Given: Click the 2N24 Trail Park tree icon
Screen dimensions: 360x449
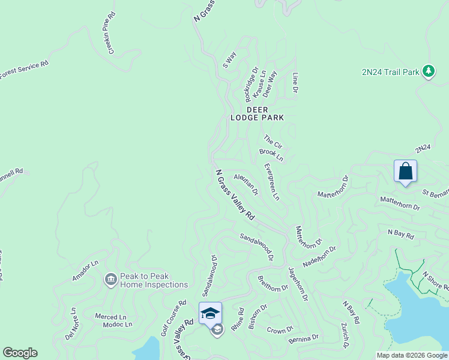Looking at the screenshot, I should pyautogui.click(x=428, y=72).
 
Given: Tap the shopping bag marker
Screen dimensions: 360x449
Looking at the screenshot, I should pyautogui.click(x=405, y=171).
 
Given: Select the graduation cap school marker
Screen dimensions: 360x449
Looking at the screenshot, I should pyautogui.click(x=210, y=313).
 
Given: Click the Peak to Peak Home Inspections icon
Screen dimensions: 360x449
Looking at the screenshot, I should pyautogui.click(x=110, y=280).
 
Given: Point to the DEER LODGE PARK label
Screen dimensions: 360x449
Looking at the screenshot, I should pyautogui.click(x=257, y=113).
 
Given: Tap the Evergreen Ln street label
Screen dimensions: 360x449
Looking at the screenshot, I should pyautogui.click(x=271, y=181).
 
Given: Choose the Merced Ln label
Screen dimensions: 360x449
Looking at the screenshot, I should pyautogui.click(x=110, y=316).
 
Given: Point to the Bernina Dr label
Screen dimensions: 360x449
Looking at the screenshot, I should pyautogui.click(x=304, y=339).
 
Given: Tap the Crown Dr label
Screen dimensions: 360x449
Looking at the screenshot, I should pyautogui.click(x=280, y=329).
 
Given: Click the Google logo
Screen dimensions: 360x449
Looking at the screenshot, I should pyautogui.click(x=20, y=353).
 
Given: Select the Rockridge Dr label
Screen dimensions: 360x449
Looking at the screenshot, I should pyautogui.click(x=252, y=85).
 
